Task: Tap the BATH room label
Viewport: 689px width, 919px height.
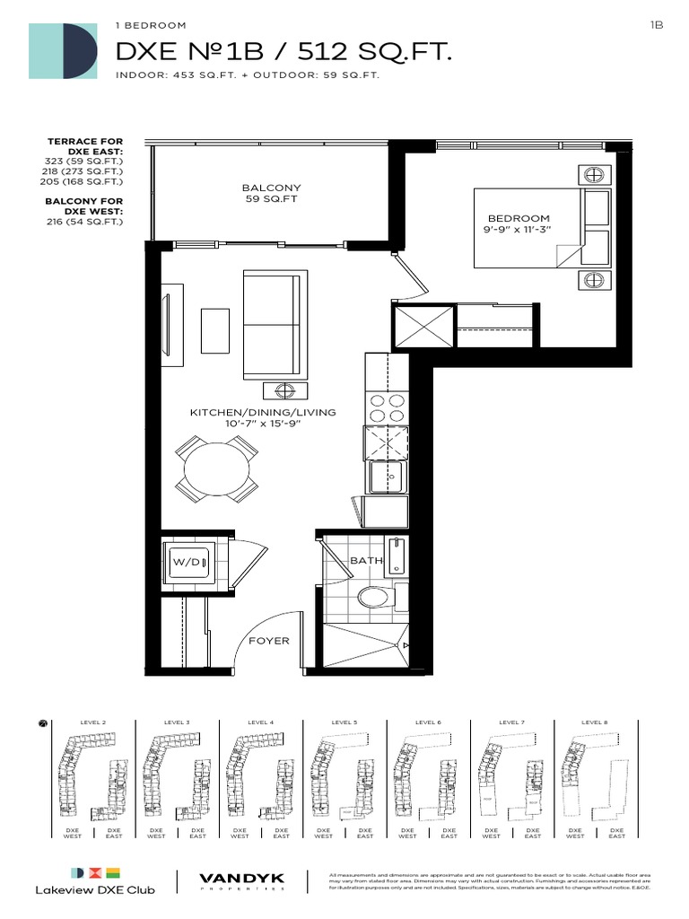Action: (366, 560)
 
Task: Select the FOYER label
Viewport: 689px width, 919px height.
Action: (268, 641)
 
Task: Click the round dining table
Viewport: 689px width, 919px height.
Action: (215, 468)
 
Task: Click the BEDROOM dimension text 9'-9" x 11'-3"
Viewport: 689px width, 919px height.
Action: (519, 231)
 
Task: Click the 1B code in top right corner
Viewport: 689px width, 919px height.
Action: (655, 26)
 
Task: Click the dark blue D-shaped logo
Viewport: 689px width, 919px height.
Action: (81, 50)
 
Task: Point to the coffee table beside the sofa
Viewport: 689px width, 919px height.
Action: (214, 330)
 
